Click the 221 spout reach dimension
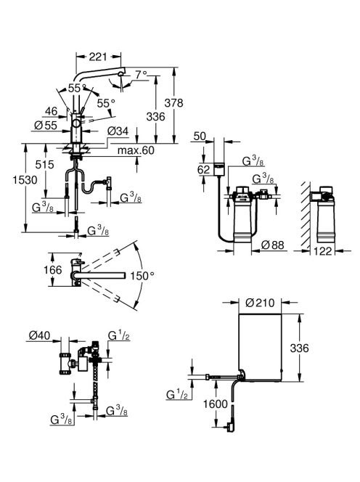[98, 56]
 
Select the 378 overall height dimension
[173, 103]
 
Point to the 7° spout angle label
[142, 75]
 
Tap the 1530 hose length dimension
[25, 180]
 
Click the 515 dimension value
[44, 165]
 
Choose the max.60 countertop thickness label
[136, 150]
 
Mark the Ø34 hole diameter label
[118, 131]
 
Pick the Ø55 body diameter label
[46, 126]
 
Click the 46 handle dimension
[51, 111]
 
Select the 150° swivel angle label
[142, 276]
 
